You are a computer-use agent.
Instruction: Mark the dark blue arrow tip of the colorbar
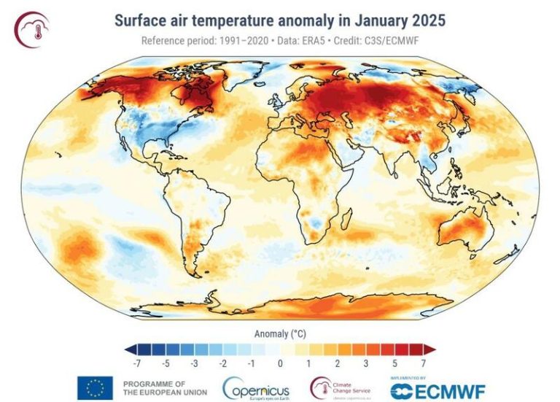point(129,349)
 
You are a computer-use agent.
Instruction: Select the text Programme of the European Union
point(165,387)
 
